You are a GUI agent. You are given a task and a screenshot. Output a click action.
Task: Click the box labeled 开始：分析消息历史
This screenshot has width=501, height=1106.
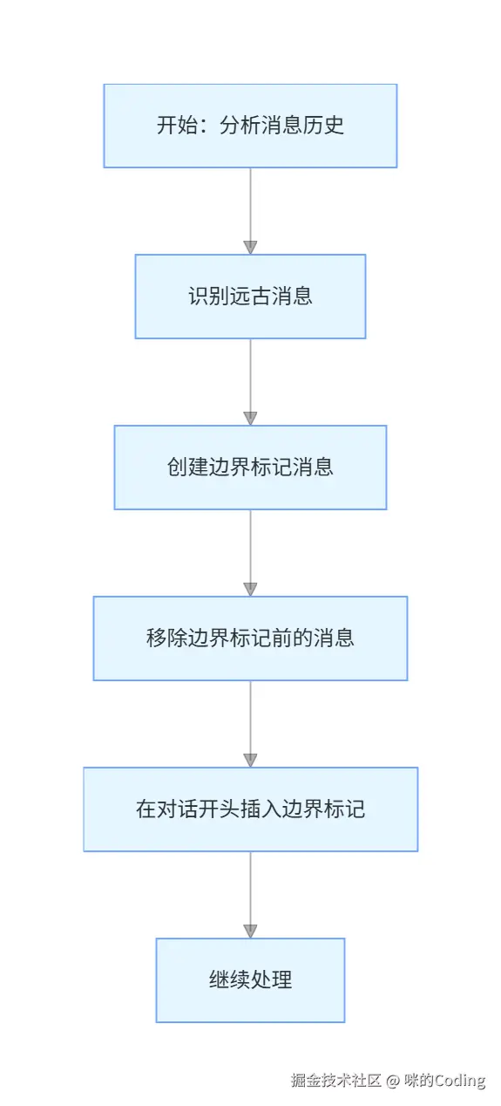click(250, 126)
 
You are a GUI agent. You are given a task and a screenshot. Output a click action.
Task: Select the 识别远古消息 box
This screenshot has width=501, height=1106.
click(250, 297)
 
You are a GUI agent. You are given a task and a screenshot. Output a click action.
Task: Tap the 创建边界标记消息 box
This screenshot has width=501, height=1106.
click(250, 468)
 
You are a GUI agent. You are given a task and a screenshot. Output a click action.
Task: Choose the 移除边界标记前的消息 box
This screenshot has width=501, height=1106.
click(250, 638)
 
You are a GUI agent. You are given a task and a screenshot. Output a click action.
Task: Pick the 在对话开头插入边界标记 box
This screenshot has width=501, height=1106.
click(250, 809)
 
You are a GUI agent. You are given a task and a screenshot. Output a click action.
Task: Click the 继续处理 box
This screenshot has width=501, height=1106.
click(250, 980)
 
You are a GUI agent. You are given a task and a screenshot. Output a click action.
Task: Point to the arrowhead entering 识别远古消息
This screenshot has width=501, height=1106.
click(250, 248)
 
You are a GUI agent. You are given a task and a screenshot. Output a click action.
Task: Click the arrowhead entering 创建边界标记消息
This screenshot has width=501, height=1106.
click(250, 419)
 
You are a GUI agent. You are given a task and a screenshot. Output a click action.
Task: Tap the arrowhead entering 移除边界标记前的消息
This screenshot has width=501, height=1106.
click(250, 590)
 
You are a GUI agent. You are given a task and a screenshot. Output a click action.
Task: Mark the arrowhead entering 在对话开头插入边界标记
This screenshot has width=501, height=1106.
click(250, 761)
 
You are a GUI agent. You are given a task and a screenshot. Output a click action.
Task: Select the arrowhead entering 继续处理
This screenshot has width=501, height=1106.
click(250, 932)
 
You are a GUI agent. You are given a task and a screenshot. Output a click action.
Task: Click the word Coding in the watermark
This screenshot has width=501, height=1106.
click(459, 1081)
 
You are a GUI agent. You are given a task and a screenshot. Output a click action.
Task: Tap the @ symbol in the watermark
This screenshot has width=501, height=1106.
click(392, 1081)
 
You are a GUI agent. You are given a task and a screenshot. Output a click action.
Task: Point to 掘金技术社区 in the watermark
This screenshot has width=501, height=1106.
click(336, 1081)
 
